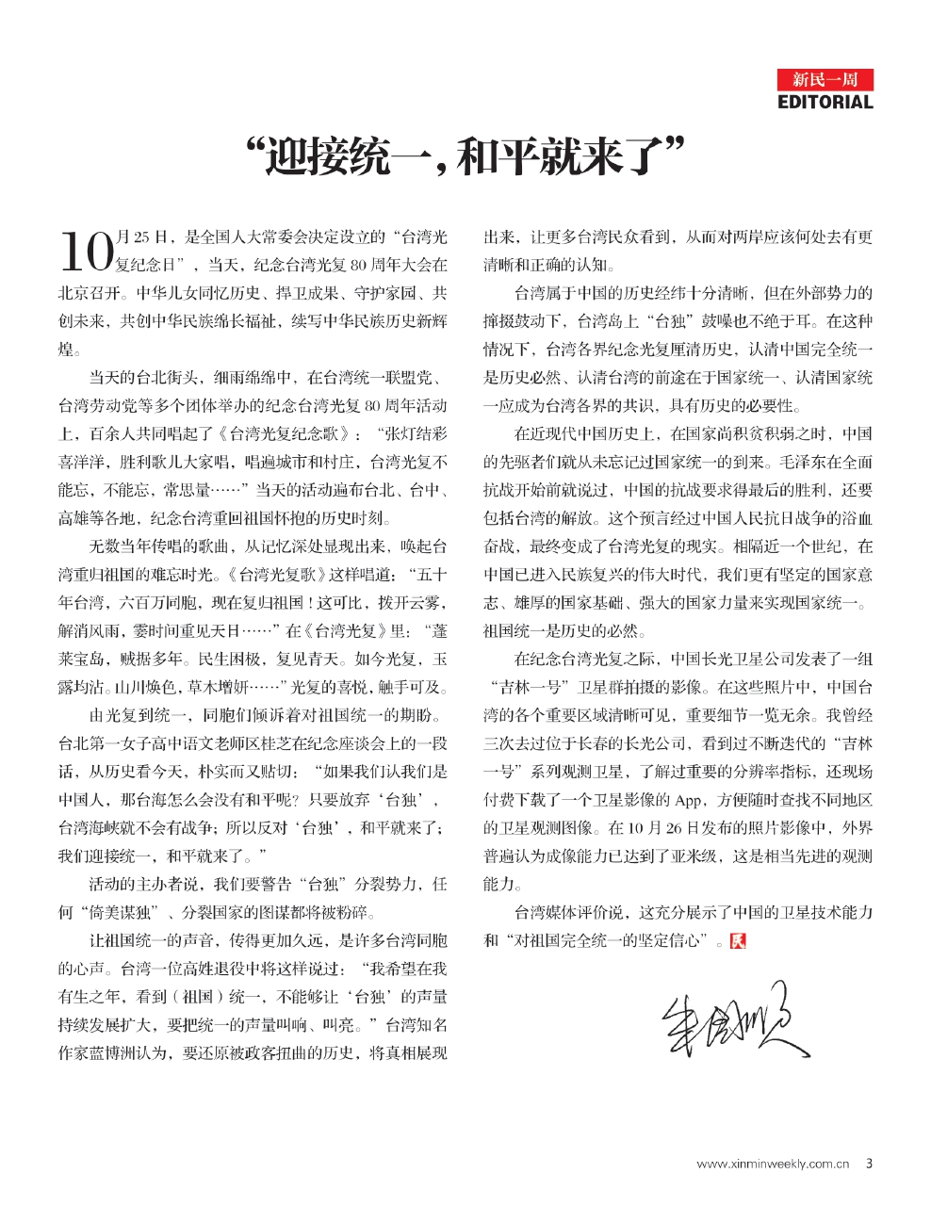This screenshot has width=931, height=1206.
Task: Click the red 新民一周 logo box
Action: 825,79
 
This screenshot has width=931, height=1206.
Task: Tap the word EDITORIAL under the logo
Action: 825,102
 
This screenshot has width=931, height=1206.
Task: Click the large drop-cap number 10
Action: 86,252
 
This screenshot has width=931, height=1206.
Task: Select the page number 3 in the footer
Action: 869,1164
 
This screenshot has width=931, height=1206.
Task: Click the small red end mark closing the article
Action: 738,940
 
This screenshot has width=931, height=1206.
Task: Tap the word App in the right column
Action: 688,800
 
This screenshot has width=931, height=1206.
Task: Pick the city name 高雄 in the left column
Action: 74,519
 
